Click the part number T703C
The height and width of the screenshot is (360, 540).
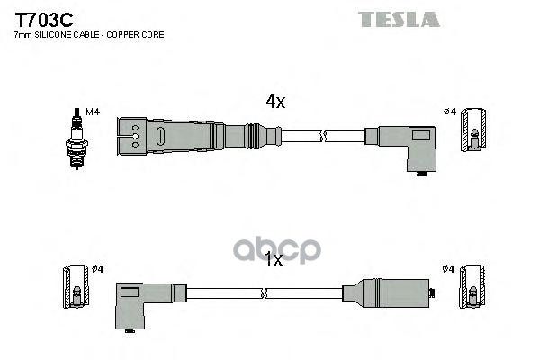(43, 20)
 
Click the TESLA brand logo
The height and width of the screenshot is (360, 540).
(399, 19)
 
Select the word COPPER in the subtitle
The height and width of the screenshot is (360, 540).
(121, 35)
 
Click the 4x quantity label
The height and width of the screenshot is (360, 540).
(275, 102)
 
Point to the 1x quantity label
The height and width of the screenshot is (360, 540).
(273, 259)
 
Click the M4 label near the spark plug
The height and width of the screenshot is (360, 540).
(93, 112)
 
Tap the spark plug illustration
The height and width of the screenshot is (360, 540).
(76, 139)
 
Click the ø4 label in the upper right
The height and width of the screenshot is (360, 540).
(450, 112)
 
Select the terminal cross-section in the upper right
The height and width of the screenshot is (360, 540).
(474, 130)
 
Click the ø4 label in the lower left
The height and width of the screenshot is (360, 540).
(98, 269)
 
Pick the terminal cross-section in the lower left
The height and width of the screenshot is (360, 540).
(76, 286)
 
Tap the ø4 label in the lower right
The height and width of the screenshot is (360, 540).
(449, 269)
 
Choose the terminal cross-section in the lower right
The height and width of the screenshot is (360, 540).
(472, 286)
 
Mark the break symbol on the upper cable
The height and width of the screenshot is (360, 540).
(323, 137)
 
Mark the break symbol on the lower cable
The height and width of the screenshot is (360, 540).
(265, 293)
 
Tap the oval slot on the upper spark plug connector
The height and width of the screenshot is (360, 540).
(160, 136)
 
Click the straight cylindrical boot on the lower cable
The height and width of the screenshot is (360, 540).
(386, 293)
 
